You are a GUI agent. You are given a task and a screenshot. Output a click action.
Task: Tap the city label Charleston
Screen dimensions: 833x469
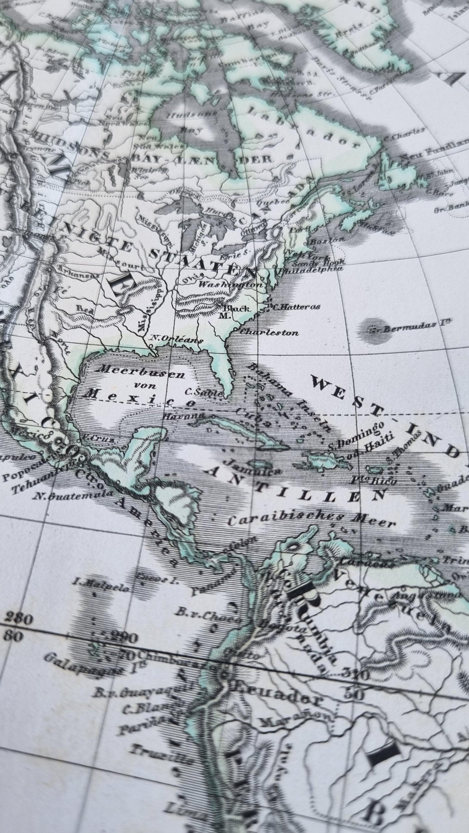coord(269,332)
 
